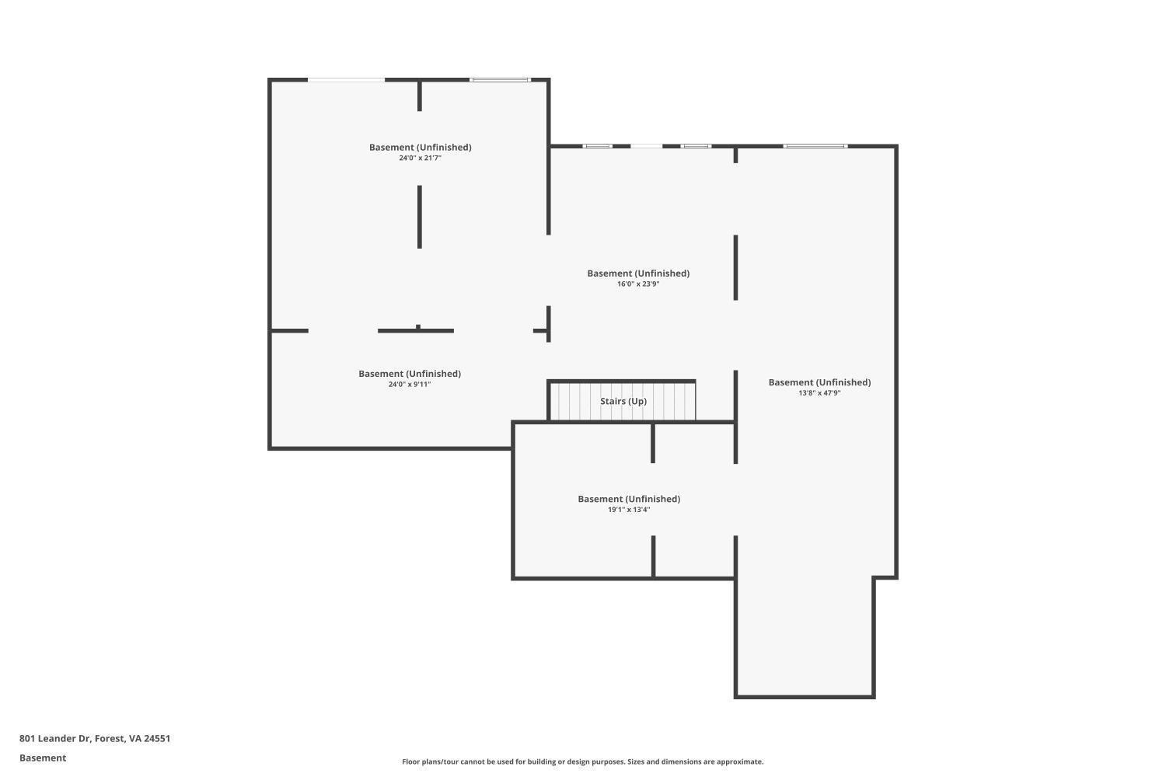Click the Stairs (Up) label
(623, 401)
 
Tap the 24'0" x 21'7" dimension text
(420, 159)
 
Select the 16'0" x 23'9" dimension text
(638, 284)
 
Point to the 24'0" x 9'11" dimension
(409, 385)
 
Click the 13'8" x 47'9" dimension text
(819, 393)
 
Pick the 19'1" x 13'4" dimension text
(629, 510)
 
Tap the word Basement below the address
(43, 758)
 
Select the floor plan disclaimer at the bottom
(582, 762)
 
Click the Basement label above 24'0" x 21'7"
(420, 147)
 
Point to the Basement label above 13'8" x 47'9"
(819, 382)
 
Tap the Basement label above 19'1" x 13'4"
(629, 499)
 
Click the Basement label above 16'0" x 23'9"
(638, 274)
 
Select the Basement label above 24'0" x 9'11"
(409, 374)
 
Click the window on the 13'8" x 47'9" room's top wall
(815, 146)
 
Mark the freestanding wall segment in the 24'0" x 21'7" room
(420, 217)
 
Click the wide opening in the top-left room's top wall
(346, 79)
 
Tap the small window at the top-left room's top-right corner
(500, 79)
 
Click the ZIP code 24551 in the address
(157, 739)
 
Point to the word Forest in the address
(109, 739)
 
